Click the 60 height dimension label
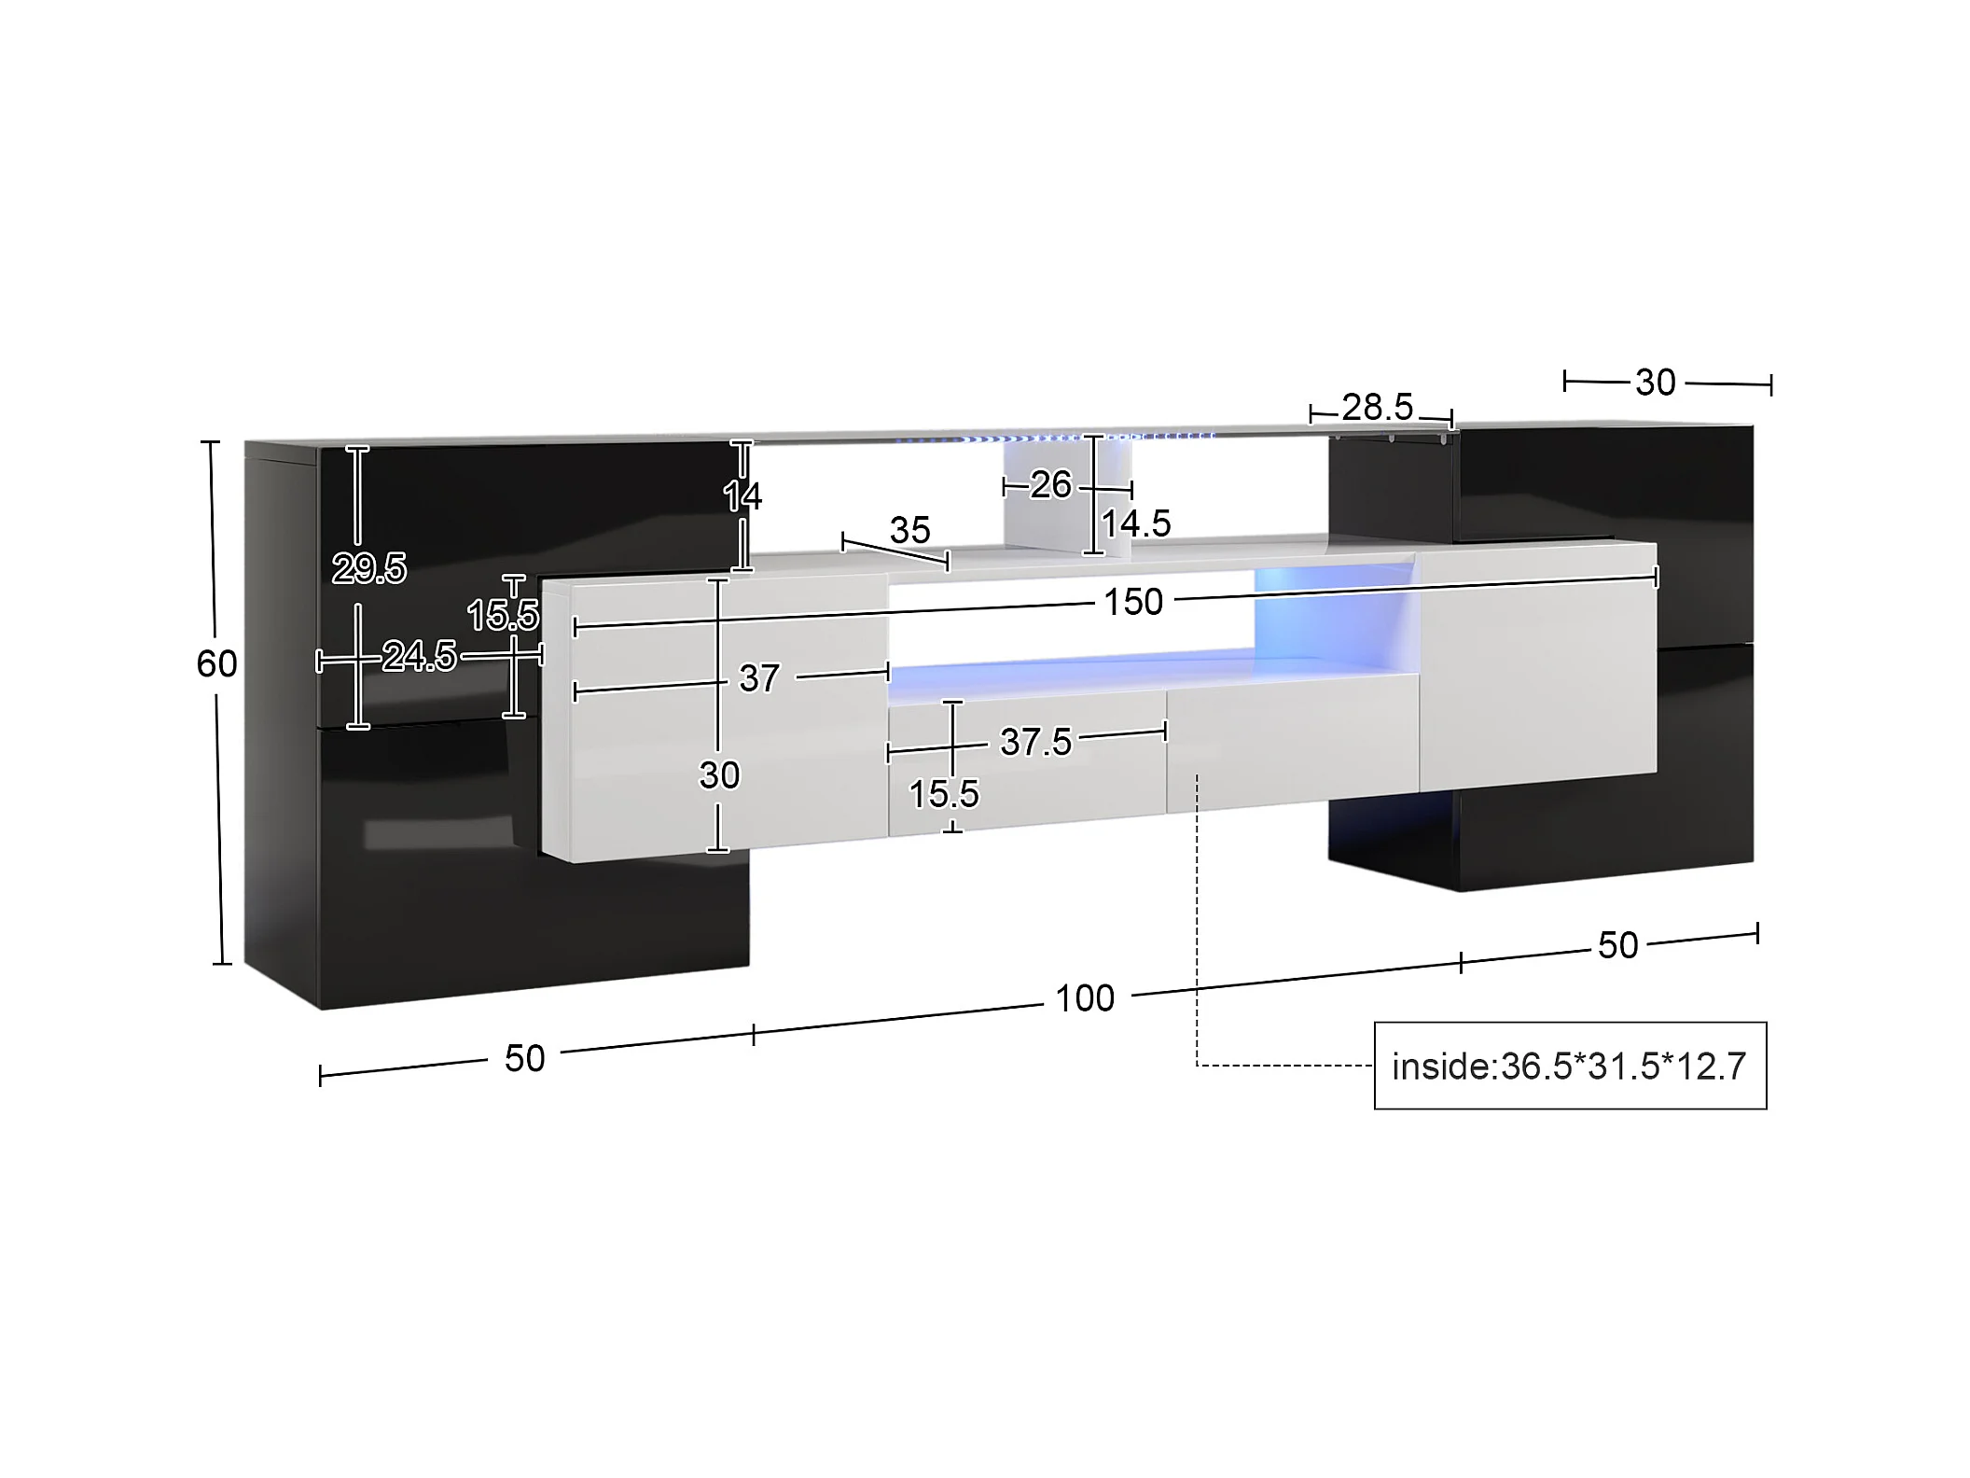[216, 663]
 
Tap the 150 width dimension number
[1133, 602]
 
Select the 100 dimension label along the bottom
[1085, 998]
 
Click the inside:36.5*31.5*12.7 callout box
[1570, 1066]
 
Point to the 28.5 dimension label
[1378, 407]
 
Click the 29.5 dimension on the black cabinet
[369, 568]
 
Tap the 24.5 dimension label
[419, 657]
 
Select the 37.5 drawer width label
[1035, 742]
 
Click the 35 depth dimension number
[909, 530]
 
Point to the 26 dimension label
[1050, 484]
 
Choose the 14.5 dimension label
[1136, 523]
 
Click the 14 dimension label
[742, 495]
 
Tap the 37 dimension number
[759, 678]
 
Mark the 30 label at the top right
[1656, 383]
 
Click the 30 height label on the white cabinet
[719, 774]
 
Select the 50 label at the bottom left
[524, 1059]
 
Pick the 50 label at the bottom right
[1617, 945]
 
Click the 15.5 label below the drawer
[944, 794]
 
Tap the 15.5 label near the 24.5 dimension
[503, 615]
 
